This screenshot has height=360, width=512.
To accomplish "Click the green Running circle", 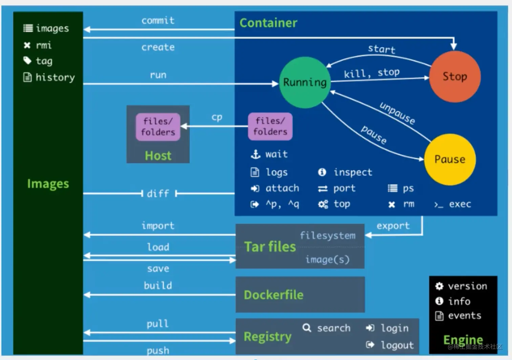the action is tap(305, 83).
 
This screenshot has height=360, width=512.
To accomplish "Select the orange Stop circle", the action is tap(455, 77).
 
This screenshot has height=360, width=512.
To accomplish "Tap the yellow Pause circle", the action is tap(450, 160).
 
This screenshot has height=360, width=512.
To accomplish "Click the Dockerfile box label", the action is tap(274, 295).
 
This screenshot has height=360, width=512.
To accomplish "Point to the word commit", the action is tap(158, 21).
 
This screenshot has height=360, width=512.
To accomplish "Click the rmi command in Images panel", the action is tap(44, 45).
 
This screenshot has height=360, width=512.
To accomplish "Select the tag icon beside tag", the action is tap(27, 61).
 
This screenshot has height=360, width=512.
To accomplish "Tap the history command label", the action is tap(55, 78).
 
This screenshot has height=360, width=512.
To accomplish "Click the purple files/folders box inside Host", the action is tap(158, 127).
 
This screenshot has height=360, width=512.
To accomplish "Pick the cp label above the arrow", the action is tap(217, 118).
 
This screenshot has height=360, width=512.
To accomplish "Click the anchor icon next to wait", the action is tap(256, 154).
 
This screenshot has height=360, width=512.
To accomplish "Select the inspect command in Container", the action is tap(353, 172).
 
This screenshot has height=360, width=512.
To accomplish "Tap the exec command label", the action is tap(460, 204).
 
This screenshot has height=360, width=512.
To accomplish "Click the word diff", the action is tap(158, 194).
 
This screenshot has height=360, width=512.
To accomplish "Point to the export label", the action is tap(393, 226).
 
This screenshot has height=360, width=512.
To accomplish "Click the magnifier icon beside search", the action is tap(307, 328).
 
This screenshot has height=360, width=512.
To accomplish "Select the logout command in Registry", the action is tap(398, 345).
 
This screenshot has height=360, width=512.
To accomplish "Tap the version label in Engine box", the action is tap(468, 286).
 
